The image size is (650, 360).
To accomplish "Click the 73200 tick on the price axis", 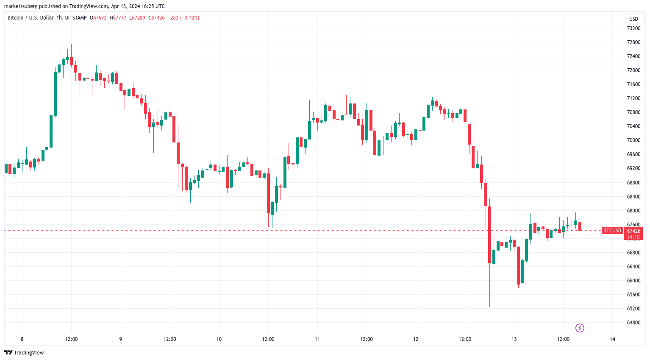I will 633,28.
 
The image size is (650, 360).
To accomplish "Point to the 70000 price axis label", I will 633,140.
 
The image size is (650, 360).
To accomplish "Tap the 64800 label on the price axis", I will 633,323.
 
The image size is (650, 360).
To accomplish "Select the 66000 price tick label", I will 633,281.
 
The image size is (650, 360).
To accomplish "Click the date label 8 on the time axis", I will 22,339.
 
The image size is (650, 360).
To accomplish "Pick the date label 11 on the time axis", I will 317,339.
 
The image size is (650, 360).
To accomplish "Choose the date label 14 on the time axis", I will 612,339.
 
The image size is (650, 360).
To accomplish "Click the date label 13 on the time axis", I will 514,339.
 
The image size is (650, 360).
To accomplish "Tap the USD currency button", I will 633,19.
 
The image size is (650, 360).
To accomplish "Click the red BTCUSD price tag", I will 612,231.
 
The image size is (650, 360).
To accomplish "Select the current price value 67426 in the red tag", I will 633,231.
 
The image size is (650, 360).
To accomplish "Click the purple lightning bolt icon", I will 580,328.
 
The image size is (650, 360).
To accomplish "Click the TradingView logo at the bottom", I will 24,353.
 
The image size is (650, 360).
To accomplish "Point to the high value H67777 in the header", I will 118,18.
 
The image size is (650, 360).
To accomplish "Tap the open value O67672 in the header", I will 98,18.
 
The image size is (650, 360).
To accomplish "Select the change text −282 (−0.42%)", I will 183,18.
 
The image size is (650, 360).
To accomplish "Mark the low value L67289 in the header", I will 138,18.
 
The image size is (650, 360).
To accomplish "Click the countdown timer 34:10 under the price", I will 633,237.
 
